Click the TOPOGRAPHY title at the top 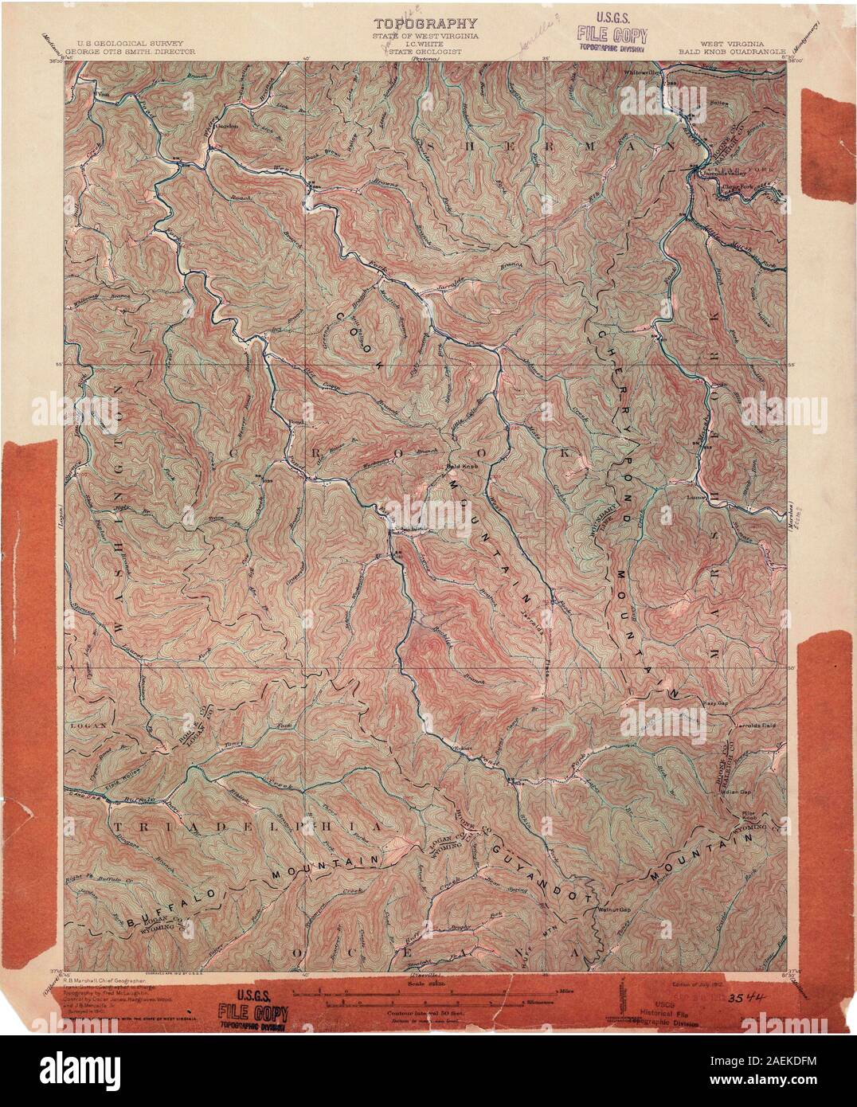point(428,25)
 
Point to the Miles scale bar point(428,992)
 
